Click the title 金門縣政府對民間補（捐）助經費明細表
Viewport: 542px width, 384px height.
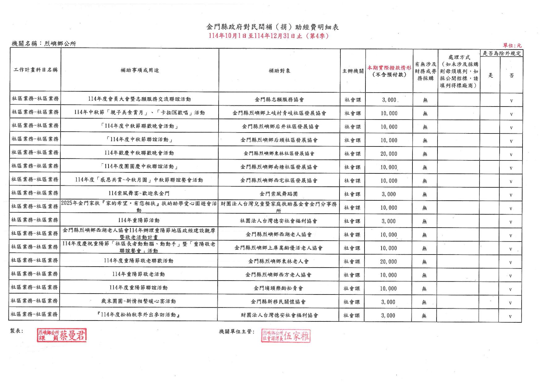(272, 27)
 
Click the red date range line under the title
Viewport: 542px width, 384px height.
(269, 36)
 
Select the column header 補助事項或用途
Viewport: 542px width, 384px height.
(140, 70)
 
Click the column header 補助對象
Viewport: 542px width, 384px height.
(279, 71)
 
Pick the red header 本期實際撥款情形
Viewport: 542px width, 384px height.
(389, 68)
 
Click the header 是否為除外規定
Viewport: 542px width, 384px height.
(501, 53)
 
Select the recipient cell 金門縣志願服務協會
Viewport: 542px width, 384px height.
(279, 100)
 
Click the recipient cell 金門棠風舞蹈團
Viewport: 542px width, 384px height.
(279, 194)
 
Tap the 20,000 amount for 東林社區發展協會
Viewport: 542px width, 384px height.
(389, 154)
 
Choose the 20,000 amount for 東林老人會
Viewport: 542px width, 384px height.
(388, 262)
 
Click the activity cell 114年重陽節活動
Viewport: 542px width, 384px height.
(139, 220)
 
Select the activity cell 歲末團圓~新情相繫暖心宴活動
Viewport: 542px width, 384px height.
(139, 301)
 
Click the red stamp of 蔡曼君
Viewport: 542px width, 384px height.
(62, 335)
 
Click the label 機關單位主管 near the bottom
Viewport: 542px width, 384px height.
(237, 332)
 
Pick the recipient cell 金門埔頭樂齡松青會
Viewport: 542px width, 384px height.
(278, 288)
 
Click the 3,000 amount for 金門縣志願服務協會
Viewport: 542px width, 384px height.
(389, 100)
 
